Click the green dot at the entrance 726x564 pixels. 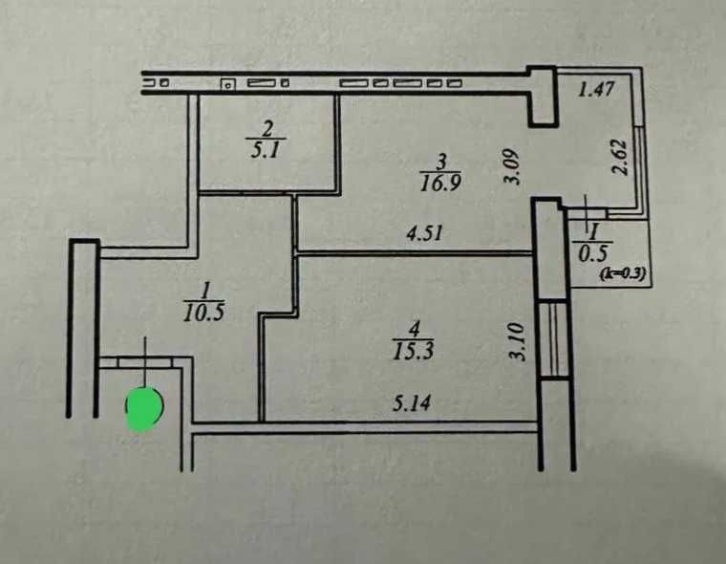[144, 408]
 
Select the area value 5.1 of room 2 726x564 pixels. [266, 150]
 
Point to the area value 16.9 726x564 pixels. [440, 183]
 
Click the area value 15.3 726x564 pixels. [413, 351]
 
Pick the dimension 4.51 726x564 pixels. [424, 232]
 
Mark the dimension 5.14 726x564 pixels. [412, 402]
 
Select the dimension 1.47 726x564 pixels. [596, 89]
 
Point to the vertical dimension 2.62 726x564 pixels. [620, 157]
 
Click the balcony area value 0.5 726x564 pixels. [592, 253]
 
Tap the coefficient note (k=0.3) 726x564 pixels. [622, 274]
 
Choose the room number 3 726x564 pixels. [441, 163]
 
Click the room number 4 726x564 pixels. [415, 331]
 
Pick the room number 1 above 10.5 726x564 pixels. [205, 292]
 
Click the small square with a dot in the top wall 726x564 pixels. [227, 84]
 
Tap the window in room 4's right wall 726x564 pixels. [553, 339]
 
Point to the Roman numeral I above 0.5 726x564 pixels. [594, 230]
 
